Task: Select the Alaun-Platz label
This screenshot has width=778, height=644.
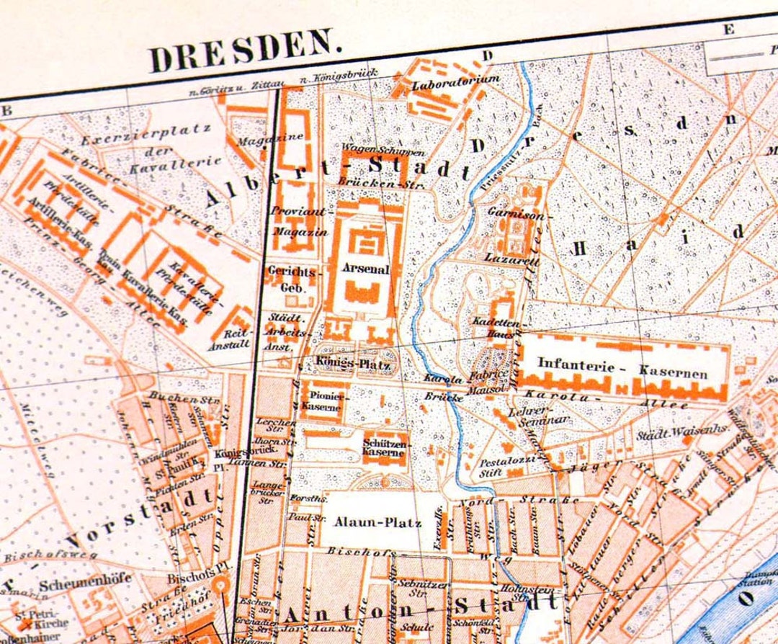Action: point(377,523)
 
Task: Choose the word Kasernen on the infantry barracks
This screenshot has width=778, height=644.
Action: point(673,372)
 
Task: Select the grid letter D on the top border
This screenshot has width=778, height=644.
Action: point(487,55)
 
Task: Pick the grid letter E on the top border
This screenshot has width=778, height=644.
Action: point(728,29)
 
